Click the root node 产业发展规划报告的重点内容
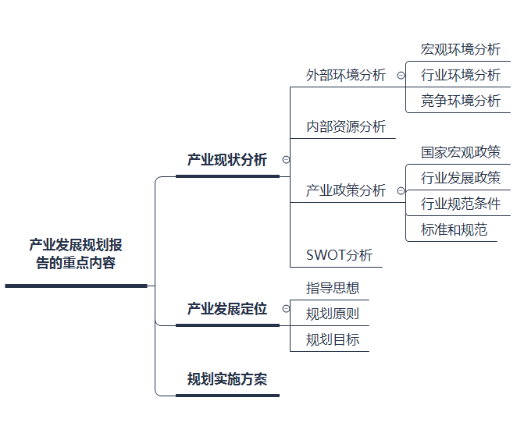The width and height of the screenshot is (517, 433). [75, 254]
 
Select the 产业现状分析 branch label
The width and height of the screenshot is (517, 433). [226, 161]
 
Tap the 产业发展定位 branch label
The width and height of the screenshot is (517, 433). [226, 309]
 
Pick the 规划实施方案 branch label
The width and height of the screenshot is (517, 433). [226, 380]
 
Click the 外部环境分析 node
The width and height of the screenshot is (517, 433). [346, 76]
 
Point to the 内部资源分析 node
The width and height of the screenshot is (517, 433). [346, 126]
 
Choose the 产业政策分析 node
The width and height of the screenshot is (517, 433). [346, 190]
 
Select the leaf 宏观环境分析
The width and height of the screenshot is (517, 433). [460, 49]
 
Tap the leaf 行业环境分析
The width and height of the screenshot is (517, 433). [460, 76]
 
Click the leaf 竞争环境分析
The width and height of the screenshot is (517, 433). [460, 101]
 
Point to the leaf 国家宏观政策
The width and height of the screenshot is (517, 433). [460, 153]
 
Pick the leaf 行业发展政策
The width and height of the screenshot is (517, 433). [460, 179]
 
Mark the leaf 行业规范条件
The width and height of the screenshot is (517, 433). [460, 204]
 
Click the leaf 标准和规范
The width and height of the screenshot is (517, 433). [454, 230]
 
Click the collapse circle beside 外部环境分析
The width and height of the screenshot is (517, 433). [401, 76]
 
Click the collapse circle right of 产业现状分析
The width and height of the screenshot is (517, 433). [286, 160]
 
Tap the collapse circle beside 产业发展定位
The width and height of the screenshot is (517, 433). [286, 309]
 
